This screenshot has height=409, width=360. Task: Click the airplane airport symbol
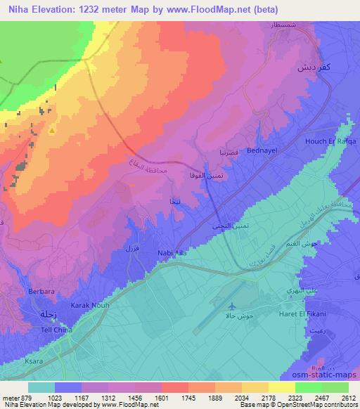(x=233, y=306)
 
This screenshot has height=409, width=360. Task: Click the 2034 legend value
(x=240, y=398)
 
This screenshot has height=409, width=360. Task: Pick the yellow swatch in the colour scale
(x=282, y=387)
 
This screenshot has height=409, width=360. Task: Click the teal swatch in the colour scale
(x=41, y=387)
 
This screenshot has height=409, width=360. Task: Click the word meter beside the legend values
(x=10, y=398)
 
